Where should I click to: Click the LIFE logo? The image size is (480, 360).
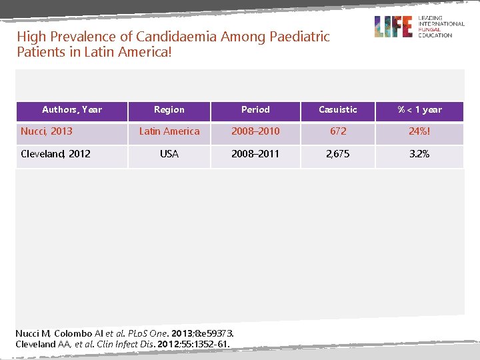tap(393, 27)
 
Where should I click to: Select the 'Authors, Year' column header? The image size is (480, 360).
tap(72, 109)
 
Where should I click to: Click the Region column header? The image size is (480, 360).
tap(169, 109)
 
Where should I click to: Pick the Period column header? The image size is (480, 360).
tap(255, 109)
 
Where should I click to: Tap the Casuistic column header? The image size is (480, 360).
tap(338, 109)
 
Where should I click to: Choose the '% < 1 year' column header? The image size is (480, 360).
tap(419, 109)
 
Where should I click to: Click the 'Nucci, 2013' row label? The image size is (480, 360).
tap(47, 131)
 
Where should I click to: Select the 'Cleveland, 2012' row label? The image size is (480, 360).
tap(55, 154)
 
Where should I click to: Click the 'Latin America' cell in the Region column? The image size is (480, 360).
tap(169, 131)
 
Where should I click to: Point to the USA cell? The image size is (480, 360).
tap(169, 154)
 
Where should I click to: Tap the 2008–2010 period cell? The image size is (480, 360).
tap(255, 131)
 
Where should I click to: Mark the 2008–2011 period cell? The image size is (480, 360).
tap(255, 154)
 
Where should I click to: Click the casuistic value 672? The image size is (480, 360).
tap(338, 131)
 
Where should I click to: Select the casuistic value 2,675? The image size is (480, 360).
tap(338, 154)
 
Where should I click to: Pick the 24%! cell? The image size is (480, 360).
tap(419, 131)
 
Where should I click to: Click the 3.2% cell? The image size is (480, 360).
tap(419, 154)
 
